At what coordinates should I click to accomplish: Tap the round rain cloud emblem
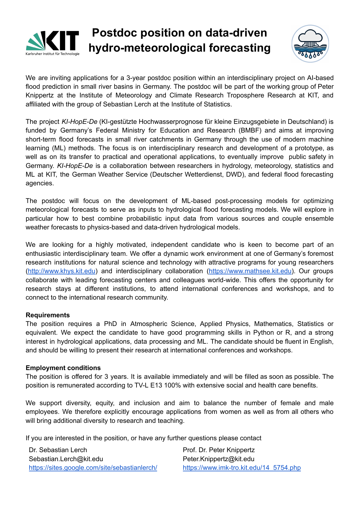pos(310,44)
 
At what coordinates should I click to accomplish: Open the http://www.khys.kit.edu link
pos(61,271)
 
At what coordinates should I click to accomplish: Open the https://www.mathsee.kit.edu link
pos(250,271)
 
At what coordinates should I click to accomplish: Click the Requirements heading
pos(48,315)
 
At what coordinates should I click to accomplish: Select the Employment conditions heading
pos(63,368)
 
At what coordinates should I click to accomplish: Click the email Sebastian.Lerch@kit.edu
pos(66,459)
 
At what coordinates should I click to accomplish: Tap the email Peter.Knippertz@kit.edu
pos(219,459)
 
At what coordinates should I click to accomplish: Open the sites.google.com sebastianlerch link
pos(93,468)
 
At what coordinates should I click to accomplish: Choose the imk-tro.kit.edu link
pos(242,468)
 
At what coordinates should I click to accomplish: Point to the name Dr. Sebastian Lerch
pos(58,450)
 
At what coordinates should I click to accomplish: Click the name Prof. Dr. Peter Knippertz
pos(219,450)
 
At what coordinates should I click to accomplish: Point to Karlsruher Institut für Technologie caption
pos(52,54)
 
